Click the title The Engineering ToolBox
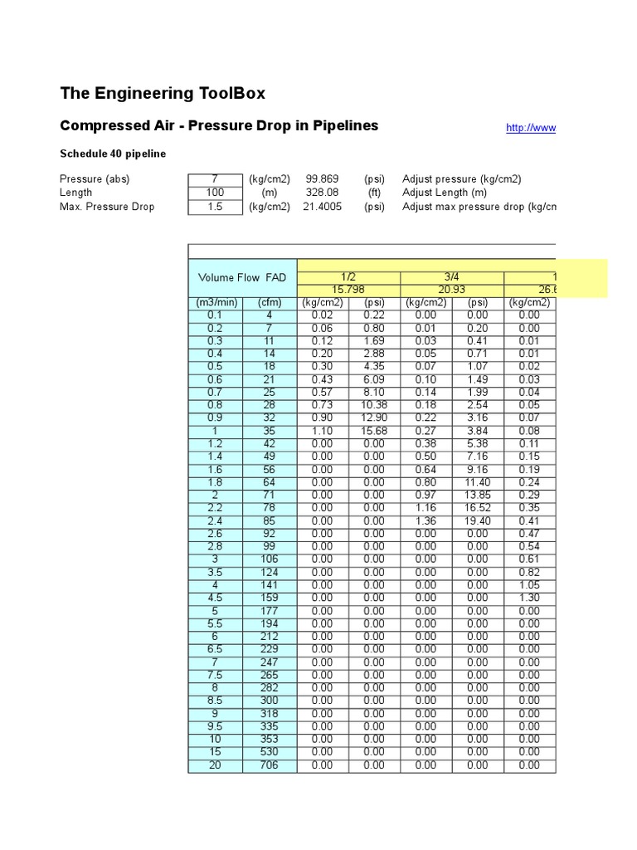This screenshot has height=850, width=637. coord(163,93)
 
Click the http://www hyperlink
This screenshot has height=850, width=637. coord(531,128)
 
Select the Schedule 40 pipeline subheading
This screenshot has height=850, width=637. coord(113,154)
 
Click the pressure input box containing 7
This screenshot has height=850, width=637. coord(214,179)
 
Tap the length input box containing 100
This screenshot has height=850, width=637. coord(214,193)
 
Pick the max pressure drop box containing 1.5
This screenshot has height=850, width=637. coord(214,207)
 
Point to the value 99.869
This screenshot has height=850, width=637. coord(322,179)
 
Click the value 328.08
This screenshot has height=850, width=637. coord(322,193)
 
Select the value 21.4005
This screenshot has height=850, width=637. coord(322,207)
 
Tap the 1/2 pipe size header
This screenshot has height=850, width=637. coord(348,277)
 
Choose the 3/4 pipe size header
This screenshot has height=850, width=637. coord(451,277)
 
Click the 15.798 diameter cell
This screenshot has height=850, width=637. coord(348,290)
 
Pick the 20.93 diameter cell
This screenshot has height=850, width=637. coord(451,290)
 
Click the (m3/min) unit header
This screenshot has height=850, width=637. coord(215,302)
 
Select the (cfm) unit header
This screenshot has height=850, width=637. coord(269,302)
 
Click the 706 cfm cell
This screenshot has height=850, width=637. coord(269,765)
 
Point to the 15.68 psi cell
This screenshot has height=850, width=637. coord(374,431)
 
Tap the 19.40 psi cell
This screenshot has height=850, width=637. coord(477,520)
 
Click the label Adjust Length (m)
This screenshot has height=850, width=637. coord(445,193)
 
